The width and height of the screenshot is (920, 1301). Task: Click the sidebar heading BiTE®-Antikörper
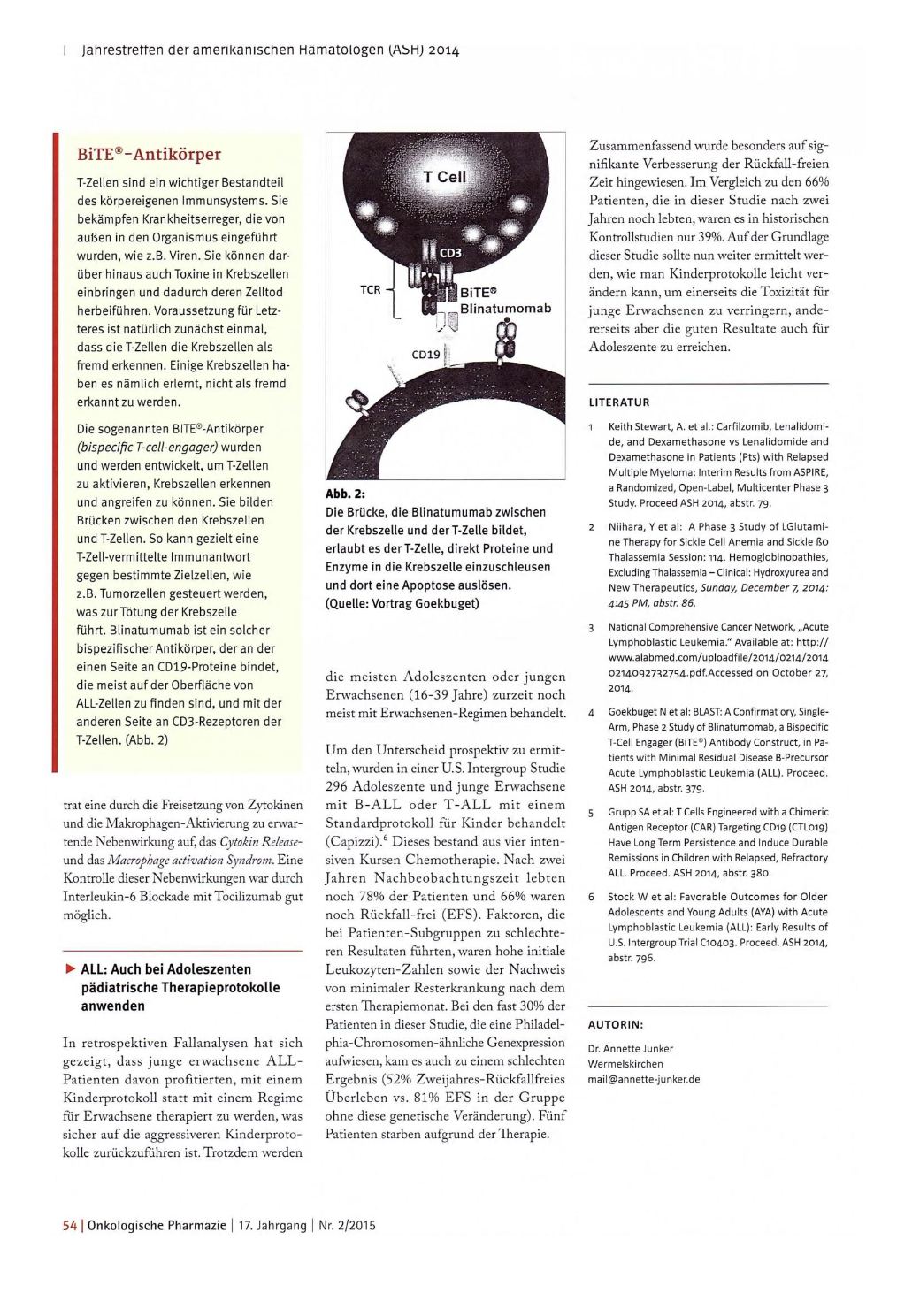149,155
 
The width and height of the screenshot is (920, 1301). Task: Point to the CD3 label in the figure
450,252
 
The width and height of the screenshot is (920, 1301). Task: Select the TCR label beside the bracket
371,289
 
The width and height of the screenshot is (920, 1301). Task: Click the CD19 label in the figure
426,355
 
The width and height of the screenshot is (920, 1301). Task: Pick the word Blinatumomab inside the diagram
505,308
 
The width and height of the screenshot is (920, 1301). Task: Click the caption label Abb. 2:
346,494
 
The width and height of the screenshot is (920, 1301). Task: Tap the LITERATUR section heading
619,402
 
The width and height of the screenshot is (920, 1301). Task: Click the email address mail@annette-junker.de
643,1079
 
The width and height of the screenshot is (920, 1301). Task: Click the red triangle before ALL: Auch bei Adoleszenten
70,968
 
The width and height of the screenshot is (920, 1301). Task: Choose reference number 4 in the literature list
591,712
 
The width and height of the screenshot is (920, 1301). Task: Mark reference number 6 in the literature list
591,897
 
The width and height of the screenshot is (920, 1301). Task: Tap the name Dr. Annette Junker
630,1049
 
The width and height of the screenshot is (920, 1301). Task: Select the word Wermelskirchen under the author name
625,1064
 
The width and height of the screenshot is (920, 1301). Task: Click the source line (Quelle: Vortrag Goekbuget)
402,603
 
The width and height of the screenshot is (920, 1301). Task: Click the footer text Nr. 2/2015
345,1225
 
